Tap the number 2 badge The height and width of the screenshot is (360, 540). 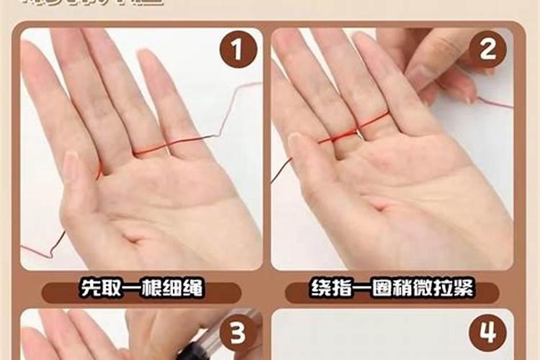pos(487,50)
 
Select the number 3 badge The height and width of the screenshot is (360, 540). pos(238,333)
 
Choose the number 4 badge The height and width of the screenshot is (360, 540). pos(487,333)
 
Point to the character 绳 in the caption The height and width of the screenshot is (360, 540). pos(192,291)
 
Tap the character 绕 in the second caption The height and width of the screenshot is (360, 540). pos(322,292)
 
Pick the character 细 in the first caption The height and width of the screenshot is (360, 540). pos(167,291)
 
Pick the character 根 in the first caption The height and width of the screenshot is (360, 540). pos(142,291)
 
